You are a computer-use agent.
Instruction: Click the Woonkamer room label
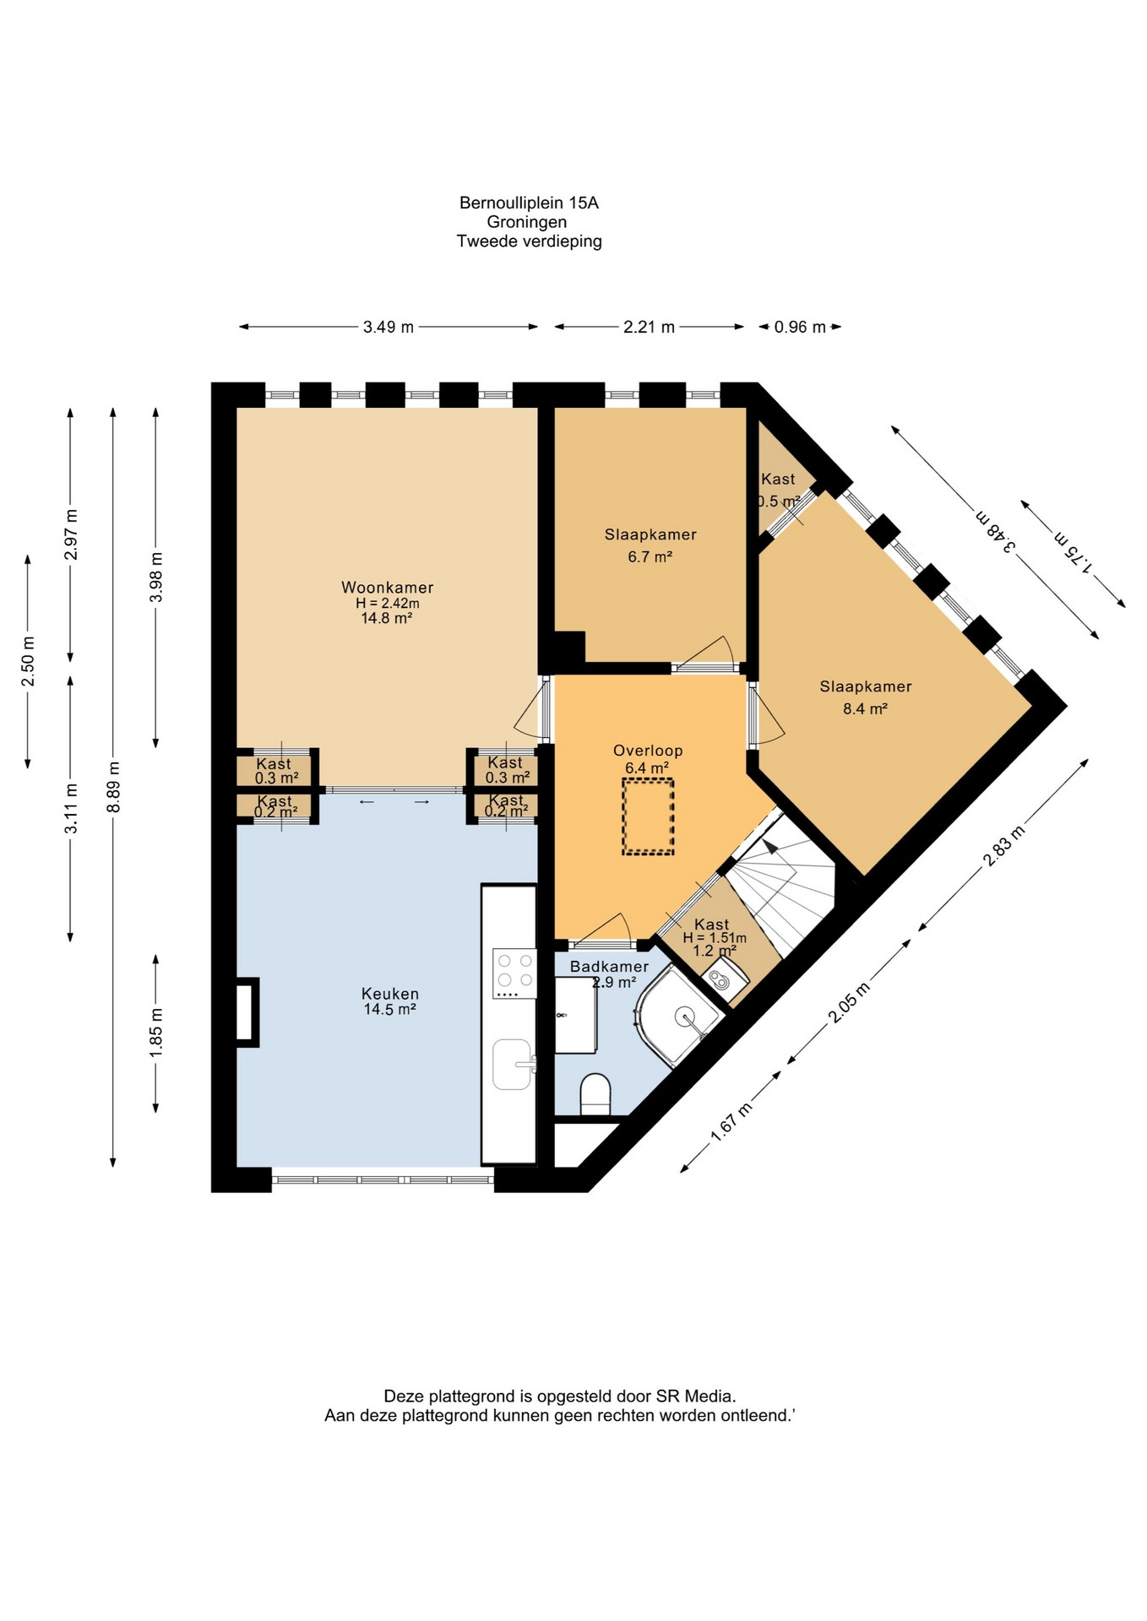(x=387, y=588)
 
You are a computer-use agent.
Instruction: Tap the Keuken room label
(x=390, y=994)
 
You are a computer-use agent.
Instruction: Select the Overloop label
(x=648, y=751)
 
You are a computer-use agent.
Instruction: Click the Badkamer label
(x=609, y=967)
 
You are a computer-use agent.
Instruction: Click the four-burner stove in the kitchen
(x=515, y=973)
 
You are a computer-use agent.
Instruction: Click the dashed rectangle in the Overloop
(x=648, y=816)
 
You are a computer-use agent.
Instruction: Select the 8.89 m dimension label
(x=114, y=787)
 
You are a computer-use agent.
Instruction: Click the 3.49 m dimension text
(x=389, y=327)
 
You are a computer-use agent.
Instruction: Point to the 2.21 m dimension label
(x=649, y=327)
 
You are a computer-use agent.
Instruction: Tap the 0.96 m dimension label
(x=800, y=327)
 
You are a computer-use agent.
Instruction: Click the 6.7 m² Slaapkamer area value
(x=650, y=557)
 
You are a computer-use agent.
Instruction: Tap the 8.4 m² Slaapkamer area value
(x=865, y=709)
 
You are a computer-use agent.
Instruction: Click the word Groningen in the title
(x=527, y=222)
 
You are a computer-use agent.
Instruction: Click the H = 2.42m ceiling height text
(x=387, y=604)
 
